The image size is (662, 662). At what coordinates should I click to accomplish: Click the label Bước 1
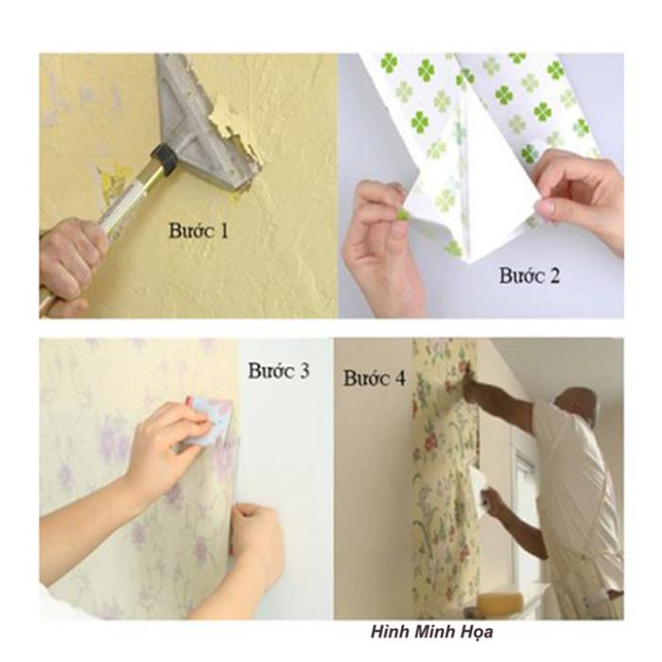[198, 232]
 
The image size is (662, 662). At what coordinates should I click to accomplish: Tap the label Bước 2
[530, 276]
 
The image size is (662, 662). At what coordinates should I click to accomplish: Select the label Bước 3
[279, 371]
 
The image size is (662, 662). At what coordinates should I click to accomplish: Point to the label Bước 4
[375, 378]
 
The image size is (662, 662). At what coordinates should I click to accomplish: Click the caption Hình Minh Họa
[432, 632]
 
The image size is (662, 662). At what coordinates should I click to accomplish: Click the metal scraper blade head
[202, 122]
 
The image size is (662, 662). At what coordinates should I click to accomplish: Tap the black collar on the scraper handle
[165, 159]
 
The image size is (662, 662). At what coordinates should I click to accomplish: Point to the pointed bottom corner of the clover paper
[470, 263]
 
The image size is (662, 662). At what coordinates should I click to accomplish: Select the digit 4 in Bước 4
[398, 378]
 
